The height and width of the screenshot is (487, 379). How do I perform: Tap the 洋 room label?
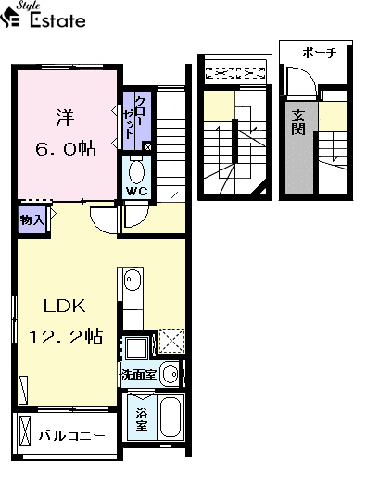[65, 118]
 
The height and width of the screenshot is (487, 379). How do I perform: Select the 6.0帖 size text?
[66, 148]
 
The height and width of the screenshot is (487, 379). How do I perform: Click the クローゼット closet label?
[135, 118]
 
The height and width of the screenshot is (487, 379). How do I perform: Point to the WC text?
[137, 192]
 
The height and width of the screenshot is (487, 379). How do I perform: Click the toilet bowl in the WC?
[137, 172]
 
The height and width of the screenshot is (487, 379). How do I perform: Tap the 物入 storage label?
[32, 220]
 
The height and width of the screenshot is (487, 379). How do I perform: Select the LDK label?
[64, 306]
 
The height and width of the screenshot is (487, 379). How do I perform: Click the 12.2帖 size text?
[66, 336]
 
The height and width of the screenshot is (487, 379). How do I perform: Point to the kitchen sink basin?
[133, 279]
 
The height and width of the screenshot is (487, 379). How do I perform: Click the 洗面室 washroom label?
[139, 375]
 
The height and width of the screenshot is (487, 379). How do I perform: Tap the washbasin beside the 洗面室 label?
[171, 374]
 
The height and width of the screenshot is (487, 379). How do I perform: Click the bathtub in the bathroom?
[171, 417]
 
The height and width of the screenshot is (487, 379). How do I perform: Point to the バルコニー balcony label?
[72, 436]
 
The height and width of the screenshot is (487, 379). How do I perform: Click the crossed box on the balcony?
[26, 431]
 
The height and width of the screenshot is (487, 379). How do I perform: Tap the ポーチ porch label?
[319, 53]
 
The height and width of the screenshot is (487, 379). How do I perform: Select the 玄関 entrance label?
[298, 122]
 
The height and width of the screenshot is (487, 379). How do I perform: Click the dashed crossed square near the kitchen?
[171, 341]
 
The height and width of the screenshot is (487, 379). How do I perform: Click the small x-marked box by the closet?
[147, 147]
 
